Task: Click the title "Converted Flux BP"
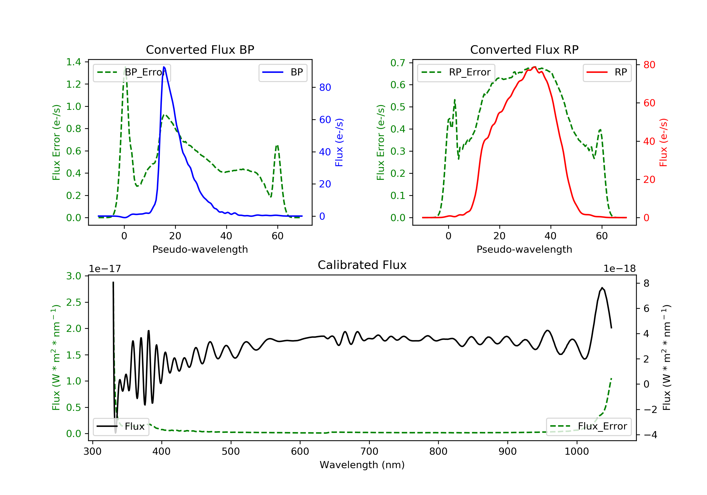point(200,49)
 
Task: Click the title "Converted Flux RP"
point(524,49)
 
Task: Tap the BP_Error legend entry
point(132,72)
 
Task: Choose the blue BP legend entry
point(283,72)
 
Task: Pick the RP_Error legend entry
point(456,72)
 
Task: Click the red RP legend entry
point(607,72)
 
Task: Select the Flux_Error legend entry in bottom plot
point(588,426)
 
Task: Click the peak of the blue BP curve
point(164,67)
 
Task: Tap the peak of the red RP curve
point(534,67)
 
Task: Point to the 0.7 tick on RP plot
point(398,63)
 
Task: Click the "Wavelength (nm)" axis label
point(362,465)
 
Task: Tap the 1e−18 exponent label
point(620,269)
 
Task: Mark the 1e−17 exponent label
point(105,269)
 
